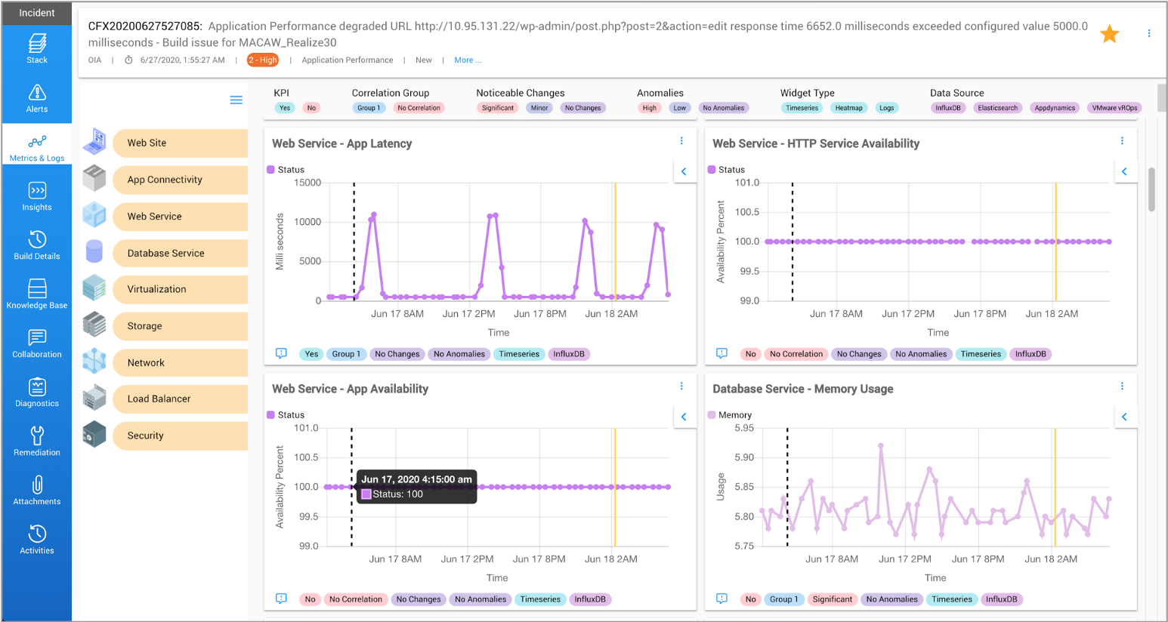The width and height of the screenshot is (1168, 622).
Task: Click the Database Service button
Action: click(x=180, y=253)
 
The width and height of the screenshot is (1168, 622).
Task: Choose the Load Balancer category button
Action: click(x=180, y=399)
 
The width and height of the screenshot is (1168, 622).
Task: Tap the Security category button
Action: click(x=180, y=436)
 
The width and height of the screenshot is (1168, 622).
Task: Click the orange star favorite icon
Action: click(x=1109, y=34)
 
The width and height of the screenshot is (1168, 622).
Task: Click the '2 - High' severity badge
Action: click(x=263, y=60)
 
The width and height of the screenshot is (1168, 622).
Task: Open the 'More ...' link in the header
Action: click(x=467, y=60)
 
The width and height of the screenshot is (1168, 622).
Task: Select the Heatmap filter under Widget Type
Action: click(x=848, y=108)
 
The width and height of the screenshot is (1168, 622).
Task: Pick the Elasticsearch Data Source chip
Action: click(x=997, y=108)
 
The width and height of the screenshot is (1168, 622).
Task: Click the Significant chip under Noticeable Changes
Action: click(x=498, y=108)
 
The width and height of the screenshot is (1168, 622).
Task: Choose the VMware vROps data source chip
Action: click(x=1114, y=108)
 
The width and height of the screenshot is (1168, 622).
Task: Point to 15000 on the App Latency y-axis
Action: click(x=307, y=183)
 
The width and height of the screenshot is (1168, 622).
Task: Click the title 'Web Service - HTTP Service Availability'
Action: click(x=816, y=143)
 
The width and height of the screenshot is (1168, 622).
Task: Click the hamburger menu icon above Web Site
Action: click(x=236, y=100)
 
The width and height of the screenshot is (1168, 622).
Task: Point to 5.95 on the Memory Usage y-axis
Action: click(x=743, y=428)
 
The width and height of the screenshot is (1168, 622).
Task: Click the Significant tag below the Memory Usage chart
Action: click(x=832, y=599)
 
